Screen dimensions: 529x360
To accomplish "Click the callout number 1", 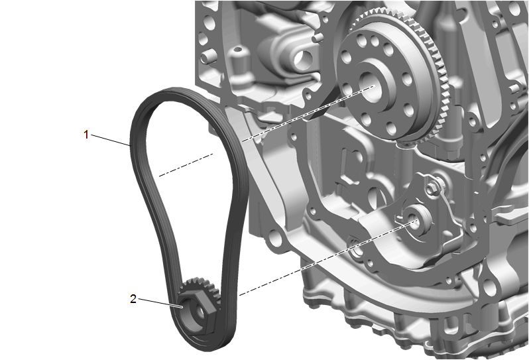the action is coord(86,135).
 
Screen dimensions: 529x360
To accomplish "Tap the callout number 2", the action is coord(133,298).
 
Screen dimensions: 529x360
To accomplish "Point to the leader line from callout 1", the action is coord(111,141).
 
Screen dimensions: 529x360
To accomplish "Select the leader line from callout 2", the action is coord(160,302).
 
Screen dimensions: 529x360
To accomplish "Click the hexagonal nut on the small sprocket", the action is coord(197,310).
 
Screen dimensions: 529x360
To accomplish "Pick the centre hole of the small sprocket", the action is coord(199,312).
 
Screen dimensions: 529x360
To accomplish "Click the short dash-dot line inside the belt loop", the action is coord(186,164).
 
